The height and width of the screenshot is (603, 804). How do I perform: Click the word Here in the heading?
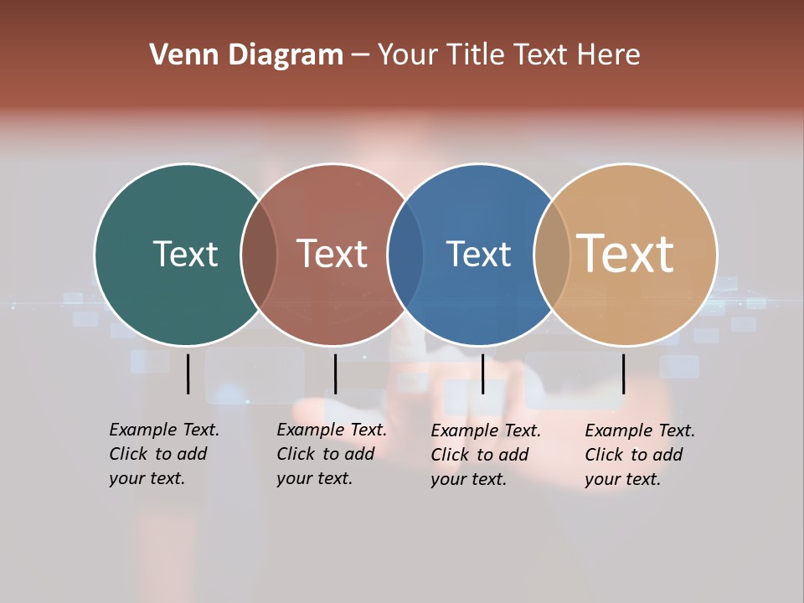[608, 55]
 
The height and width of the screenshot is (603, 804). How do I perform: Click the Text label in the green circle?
[185, 254]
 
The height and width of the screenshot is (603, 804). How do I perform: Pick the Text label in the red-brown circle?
[332, 254]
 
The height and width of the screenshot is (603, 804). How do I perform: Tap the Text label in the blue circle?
[478, 254]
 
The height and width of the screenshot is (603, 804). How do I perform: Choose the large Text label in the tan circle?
[626, 254]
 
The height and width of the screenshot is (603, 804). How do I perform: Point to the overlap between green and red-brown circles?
[259, 254]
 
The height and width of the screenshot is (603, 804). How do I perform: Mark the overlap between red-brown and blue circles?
[405, 254]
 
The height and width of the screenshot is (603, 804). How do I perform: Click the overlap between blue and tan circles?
[552, 254]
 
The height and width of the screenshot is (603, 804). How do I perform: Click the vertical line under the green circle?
[188, 374]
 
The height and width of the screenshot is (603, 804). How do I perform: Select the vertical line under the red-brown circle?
[335, 374]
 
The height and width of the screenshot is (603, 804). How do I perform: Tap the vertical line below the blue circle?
[482, 374]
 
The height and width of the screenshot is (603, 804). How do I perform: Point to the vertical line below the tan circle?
[623, 374]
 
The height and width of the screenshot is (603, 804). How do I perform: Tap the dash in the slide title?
[360, 56]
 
